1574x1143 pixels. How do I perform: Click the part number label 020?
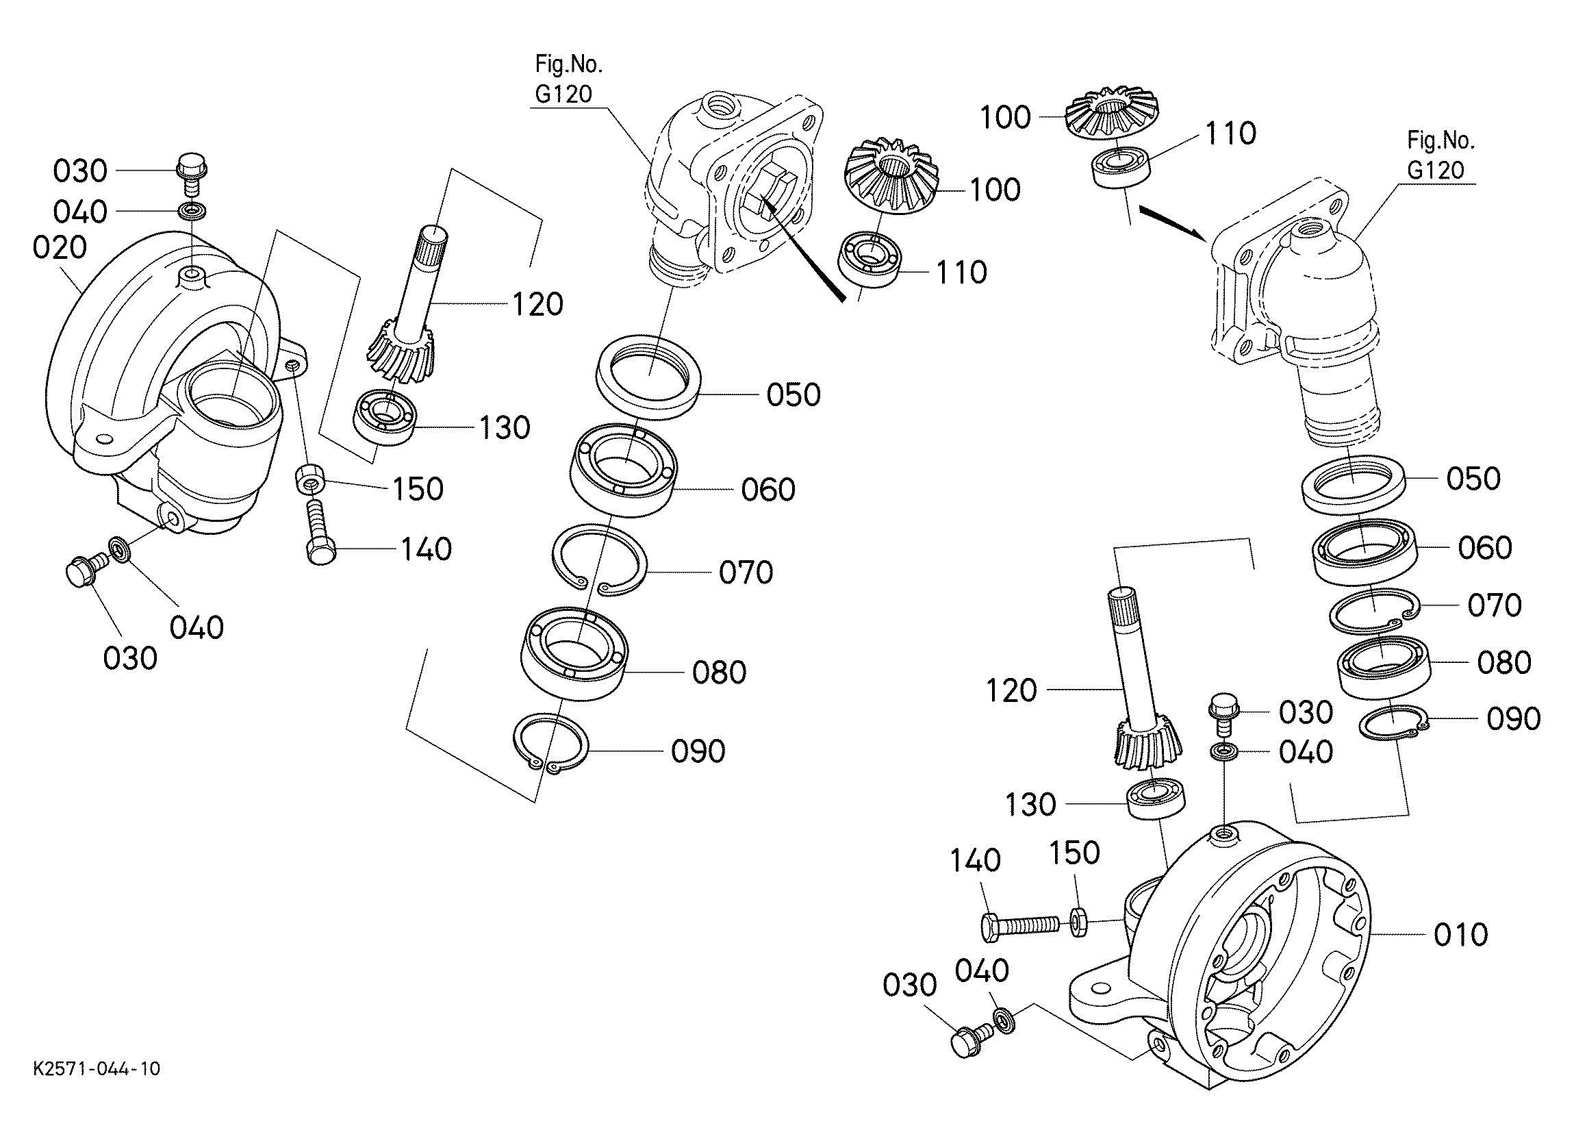click(x=60, y=248)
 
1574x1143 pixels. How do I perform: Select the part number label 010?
click(x=1461, y=935)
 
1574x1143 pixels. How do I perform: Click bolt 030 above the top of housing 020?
click(x=192, y=176)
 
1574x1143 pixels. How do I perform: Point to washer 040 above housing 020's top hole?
click(x=192, y=210)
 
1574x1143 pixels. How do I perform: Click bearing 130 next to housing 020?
click(x=385, y=418)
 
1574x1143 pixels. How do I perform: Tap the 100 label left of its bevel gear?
click(x=1005, y=117)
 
